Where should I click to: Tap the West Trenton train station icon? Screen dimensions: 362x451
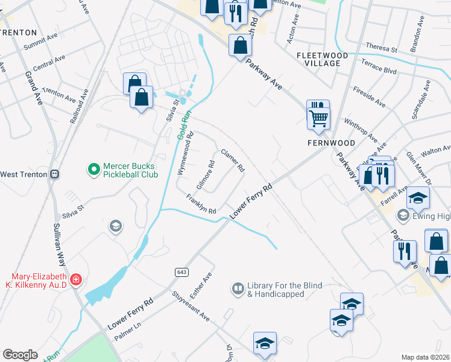coord(55,174)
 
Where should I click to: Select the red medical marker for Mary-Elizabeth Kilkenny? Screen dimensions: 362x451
coord(75,280)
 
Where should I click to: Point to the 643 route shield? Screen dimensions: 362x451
coord(181,272)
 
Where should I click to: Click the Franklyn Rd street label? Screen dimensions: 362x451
coord(201,204)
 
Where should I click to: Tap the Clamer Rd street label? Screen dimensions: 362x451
coord(232,159)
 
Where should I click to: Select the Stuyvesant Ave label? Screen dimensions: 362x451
coord(189,308)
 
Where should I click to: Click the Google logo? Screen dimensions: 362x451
coord(20,354)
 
